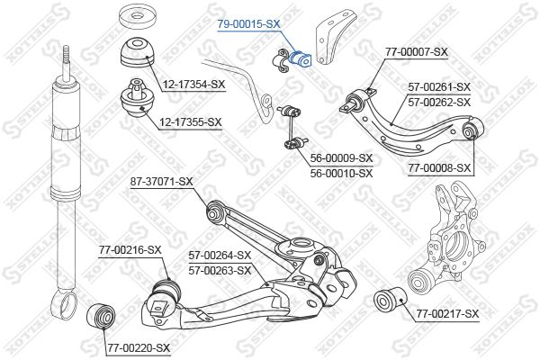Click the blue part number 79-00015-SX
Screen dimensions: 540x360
pyautogui.click(x=248, y=23)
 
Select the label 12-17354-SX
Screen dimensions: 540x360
pyautogui.click(x=193, y=84)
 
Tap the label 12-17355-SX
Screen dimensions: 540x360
pyautogui.click(x=191, y=122)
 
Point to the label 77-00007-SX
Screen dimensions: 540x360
pyautogui.click(x=416, y=52)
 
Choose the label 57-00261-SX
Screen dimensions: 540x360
pyautogui.click(x=439, y=86)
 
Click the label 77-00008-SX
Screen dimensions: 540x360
pyautogui.click(x=439, y=168)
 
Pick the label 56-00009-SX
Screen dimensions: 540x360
pyautogui.click(x=341, y=158)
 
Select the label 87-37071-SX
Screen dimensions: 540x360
pyautogui.click(x=161, y=181)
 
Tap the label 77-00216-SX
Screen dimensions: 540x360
pyautogui.click(x=130, y=250)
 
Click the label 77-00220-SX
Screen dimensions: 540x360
pyautogui.click(x=139, y=348)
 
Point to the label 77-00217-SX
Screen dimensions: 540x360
pyautogui.click(x=447, y=313)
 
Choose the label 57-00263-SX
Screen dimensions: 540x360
pyautogui.click(x=220, y=271)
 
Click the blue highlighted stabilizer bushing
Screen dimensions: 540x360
pyautogui.click(x=300, y=58)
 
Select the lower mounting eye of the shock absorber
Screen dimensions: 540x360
pyautogui.click(x=65, y=303)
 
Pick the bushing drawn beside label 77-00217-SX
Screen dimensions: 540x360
pyautogui.click(x=391, y=298)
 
